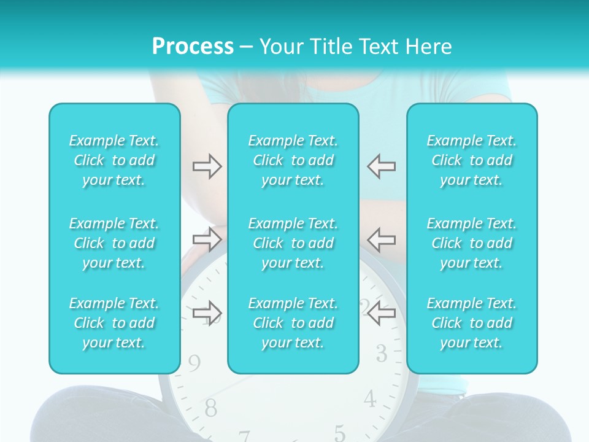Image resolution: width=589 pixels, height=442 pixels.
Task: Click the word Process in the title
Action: point(193,47)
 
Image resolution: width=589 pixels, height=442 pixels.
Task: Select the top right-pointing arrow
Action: point(207,166)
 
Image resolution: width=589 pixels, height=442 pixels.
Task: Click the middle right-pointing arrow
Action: point(207,239)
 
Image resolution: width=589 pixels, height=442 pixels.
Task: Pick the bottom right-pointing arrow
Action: point(207,313)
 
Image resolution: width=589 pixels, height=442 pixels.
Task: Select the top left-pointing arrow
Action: point(382,166)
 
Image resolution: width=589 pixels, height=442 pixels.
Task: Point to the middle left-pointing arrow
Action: point(382,239)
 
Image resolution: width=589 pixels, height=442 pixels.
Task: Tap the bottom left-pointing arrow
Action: point(382,313)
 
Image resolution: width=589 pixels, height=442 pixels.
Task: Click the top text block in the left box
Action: point(114,160)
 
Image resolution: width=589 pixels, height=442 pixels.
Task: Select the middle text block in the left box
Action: point(114,243)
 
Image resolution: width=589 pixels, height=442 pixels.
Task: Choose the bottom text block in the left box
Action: point(114,323)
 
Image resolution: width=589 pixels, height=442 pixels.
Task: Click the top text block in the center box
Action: point(293,160)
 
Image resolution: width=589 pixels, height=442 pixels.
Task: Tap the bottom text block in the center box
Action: point(293,323)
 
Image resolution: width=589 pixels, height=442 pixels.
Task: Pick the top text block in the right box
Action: point(472,160)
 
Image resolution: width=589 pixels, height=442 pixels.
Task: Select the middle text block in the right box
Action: point(472,243)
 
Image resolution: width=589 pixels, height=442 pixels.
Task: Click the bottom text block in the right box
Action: point(472,323)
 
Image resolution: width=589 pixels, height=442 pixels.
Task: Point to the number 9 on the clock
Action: point(194,364)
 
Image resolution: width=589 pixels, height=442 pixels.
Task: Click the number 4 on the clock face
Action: point(369,399)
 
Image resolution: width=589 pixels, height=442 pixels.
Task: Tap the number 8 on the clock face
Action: point(210,406)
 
